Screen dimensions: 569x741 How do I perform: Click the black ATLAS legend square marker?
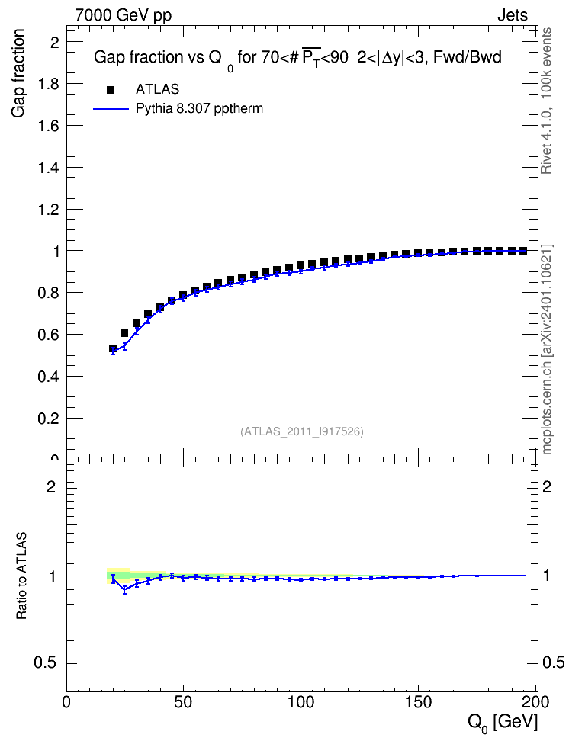click(x=111, y=89)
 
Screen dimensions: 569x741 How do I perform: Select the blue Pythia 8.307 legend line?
click(x=111, y=109)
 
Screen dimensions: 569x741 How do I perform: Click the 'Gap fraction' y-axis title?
click(x=18, y=73)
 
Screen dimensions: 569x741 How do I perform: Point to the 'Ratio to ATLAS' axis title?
click(x=21, y=576)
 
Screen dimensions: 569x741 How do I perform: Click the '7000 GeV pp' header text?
click(x=123, y=15)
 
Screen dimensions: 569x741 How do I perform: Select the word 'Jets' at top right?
click(x=513, y=15)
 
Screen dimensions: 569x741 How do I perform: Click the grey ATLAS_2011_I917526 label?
click(x=302, y=431)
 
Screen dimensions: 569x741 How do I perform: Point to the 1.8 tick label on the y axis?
click(x=49, y=84)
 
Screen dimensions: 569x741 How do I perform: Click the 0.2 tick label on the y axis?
click(x=49, y=419)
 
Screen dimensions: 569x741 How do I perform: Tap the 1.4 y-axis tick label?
click(x=49, y=167)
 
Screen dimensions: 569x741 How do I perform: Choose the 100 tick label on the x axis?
click(x=301, y=702)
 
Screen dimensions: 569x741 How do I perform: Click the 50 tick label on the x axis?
click(x=183, y=702)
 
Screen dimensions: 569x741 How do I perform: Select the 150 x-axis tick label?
click(x=419, y=702)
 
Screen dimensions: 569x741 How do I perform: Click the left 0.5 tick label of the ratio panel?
click(x=46, y=663)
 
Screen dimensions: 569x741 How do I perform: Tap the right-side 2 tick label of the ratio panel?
click(x=546, y=486)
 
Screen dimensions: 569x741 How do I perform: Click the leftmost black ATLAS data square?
click(x=113, y=348)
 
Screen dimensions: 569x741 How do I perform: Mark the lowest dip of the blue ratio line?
click(x=125, y=590)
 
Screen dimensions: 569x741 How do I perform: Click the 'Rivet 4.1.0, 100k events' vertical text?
click(x=546, y=101)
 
